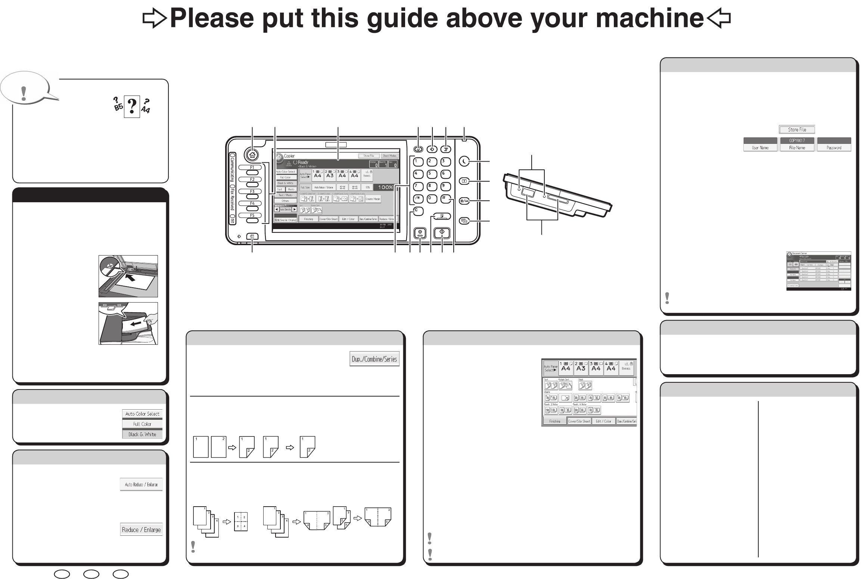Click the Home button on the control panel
[x=252, y=155]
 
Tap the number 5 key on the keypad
[x=432, y=174]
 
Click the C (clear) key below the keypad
[x=418, y=212]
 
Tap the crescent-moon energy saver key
[x=464, y=161]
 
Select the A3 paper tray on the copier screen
[x=330, y=175]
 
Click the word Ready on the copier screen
[x=303, y=162]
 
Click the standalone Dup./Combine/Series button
[x=374, y=359]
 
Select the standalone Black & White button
[x=142, y=434]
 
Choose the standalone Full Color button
[x=142, y=424]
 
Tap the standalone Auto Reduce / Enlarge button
[x=141, y=485]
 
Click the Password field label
[x=834, y=148]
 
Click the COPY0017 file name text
[x=797, y=141]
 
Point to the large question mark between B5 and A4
[x=132, y=107]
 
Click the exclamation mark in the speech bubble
[x=24, y=93]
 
